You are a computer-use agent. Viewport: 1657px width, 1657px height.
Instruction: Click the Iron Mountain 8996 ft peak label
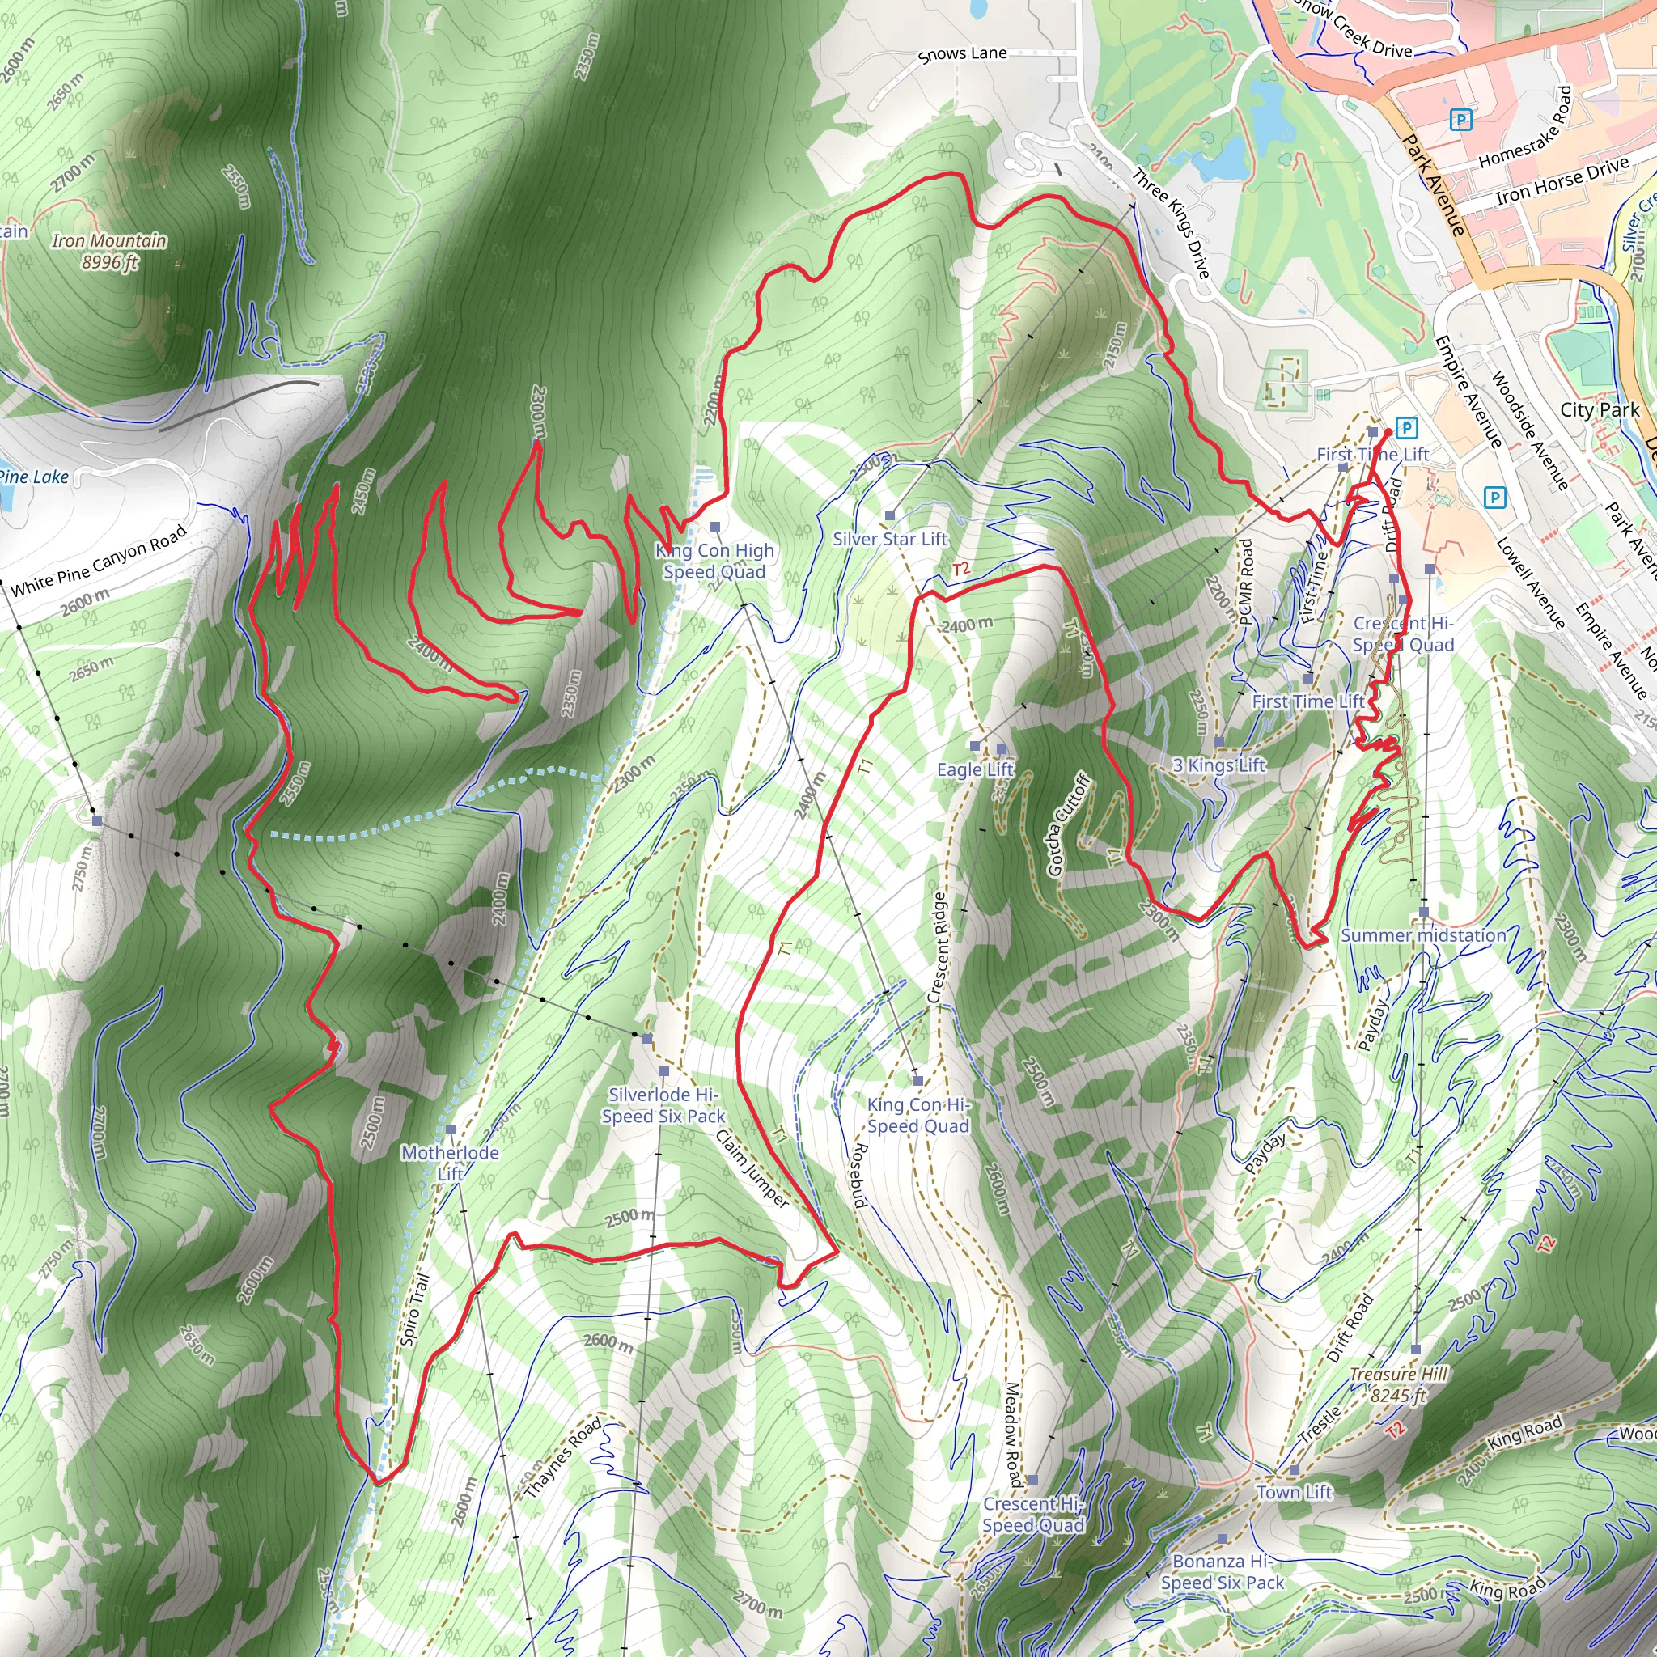pyautogui.click(x=109, y=252)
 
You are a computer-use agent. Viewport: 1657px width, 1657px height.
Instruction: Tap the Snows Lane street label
pyautogui.click(x=962, y=54)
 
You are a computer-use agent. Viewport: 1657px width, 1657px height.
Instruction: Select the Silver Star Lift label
pyautogui.click(x=890, y=539)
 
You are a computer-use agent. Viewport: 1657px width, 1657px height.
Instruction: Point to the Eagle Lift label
pyautogui.click(x=975, y=769)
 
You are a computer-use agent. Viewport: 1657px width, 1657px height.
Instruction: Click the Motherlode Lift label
pyautogui.click(x=451, y=1163)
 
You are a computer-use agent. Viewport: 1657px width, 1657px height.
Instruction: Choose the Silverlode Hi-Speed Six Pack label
pyautogui.click(x=663, y=1105)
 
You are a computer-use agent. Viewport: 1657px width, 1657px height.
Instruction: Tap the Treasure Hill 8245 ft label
pyautogui.click(x=1398, y=1385)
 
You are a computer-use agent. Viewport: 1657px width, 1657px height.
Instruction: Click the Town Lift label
pyautogui.click(x=1295, y=1492)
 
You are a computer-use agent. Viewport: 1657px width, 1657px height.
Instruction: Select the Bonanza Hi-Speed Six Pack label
pyautogui.click(x=1223, y=1572)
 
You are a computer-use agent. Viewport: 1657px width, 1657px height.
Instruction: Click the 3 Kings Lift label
pyautogui.click(x=1218, y=765)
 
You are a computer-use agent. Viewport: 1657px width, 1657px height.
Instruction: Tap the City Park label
pyautogui.click(x=1600, y=410)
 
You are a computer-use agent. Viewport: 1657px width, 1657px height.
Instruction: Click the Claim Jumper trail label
pyautogui.click(x=752, y=1169)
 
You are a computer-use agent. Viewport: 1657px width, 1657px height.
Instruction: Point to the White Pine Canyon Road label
pyautogui.click(x=99, y=562)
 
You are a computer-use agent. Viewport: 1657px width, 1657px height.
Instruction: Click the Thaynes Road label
pyautogui.click(x=562, y=1458)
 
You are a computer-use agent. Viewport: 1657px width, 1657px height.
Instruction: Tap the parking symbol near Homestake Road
pyautogui.click(x=1460, y=119)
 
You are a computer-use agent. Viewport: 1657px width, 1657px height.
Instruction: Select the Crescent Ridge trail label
pyautogui.click(x=938, y=947)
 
